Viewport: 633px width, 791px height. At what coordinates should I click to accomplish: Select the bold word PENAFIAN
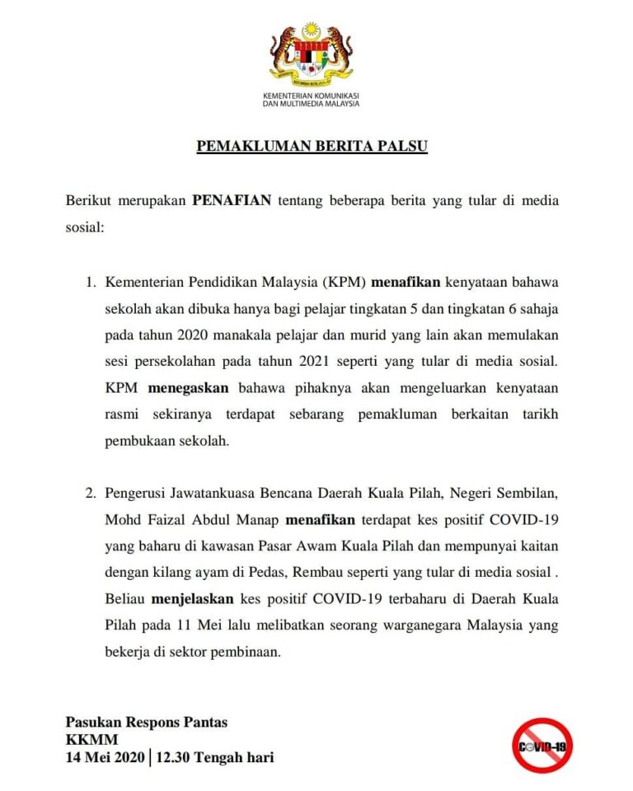point(231,200)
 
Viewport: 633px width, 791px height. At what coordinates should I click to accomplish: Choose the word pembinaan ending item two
point(245,650)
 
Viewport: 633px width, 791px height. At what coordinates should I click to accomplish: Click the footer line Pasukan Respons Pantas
point(147,723)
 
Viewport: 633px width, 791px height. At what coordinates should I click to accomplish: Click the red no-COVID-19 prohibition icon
point(542,746)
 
